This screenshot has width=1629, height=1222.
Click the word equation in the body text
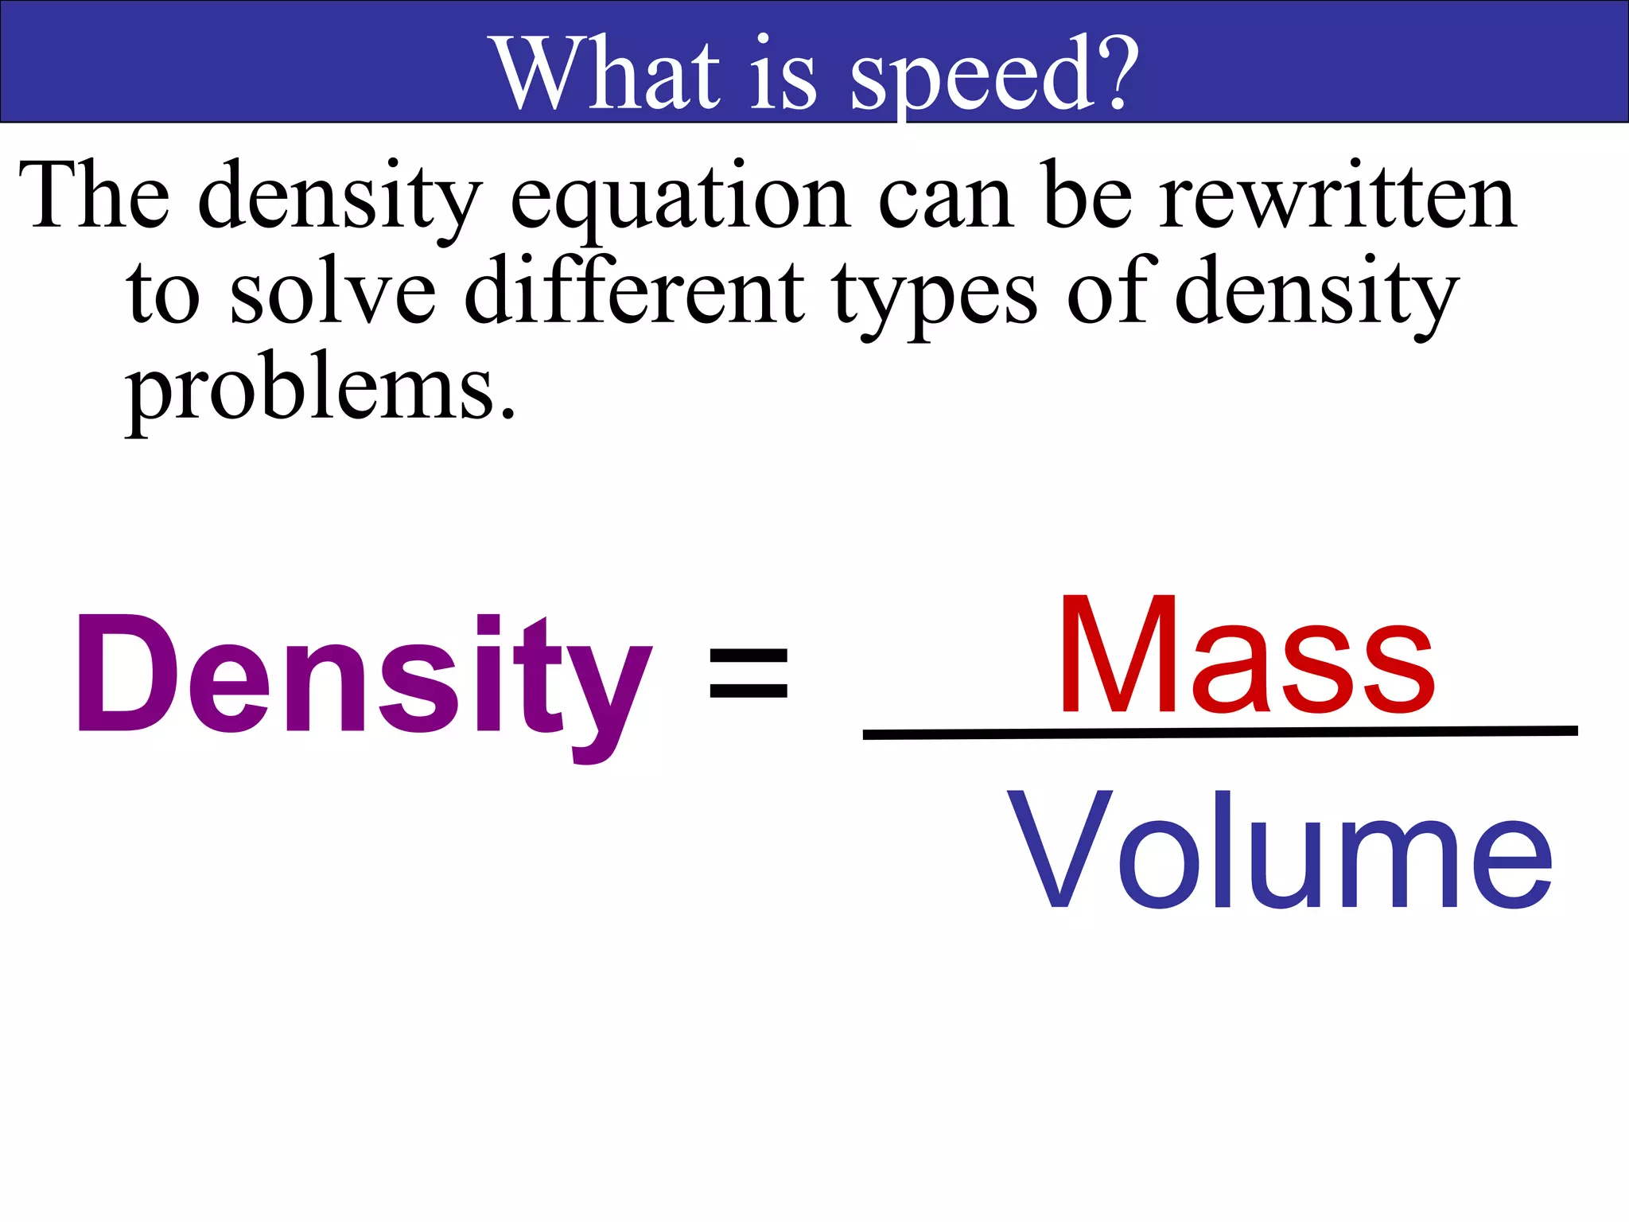pyautogui.click(x=681, y=199)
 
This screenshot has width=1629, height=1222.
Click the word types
pyautogui.click(x=935, y=296)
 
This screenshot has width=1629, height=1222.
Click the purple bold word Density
pyautogui.click(x=363, y=676)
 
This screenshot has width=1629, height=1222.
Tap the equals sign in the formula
pyautogui.click(x=748, y=673)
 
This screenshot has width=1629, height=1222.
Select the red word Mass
pyautogui.click(x=1246, y=656)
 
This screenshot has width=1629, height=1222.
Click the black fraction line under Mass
pyautogui.click(x=1220, y=732)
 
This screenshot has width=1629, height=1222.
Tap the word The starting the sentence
pyautogui.click(x=95, y=196)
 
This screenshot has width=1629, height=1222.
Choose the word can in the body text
pyautogui.click(x=946, y=199)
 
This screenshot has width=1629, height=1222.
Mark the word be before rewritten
pyautogui.click(x=1087, y=196)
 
